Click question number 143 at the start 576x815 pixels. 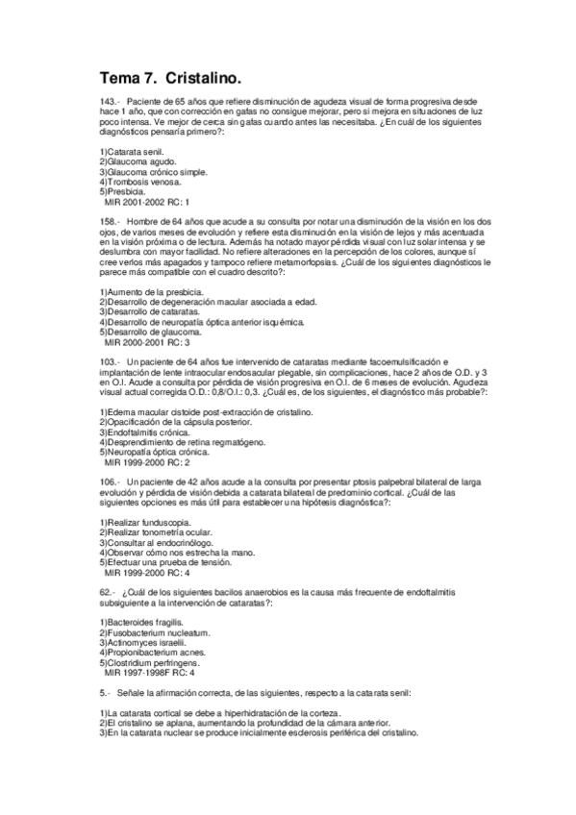[110, 101]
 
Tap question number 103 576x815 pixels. [110, 360]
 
